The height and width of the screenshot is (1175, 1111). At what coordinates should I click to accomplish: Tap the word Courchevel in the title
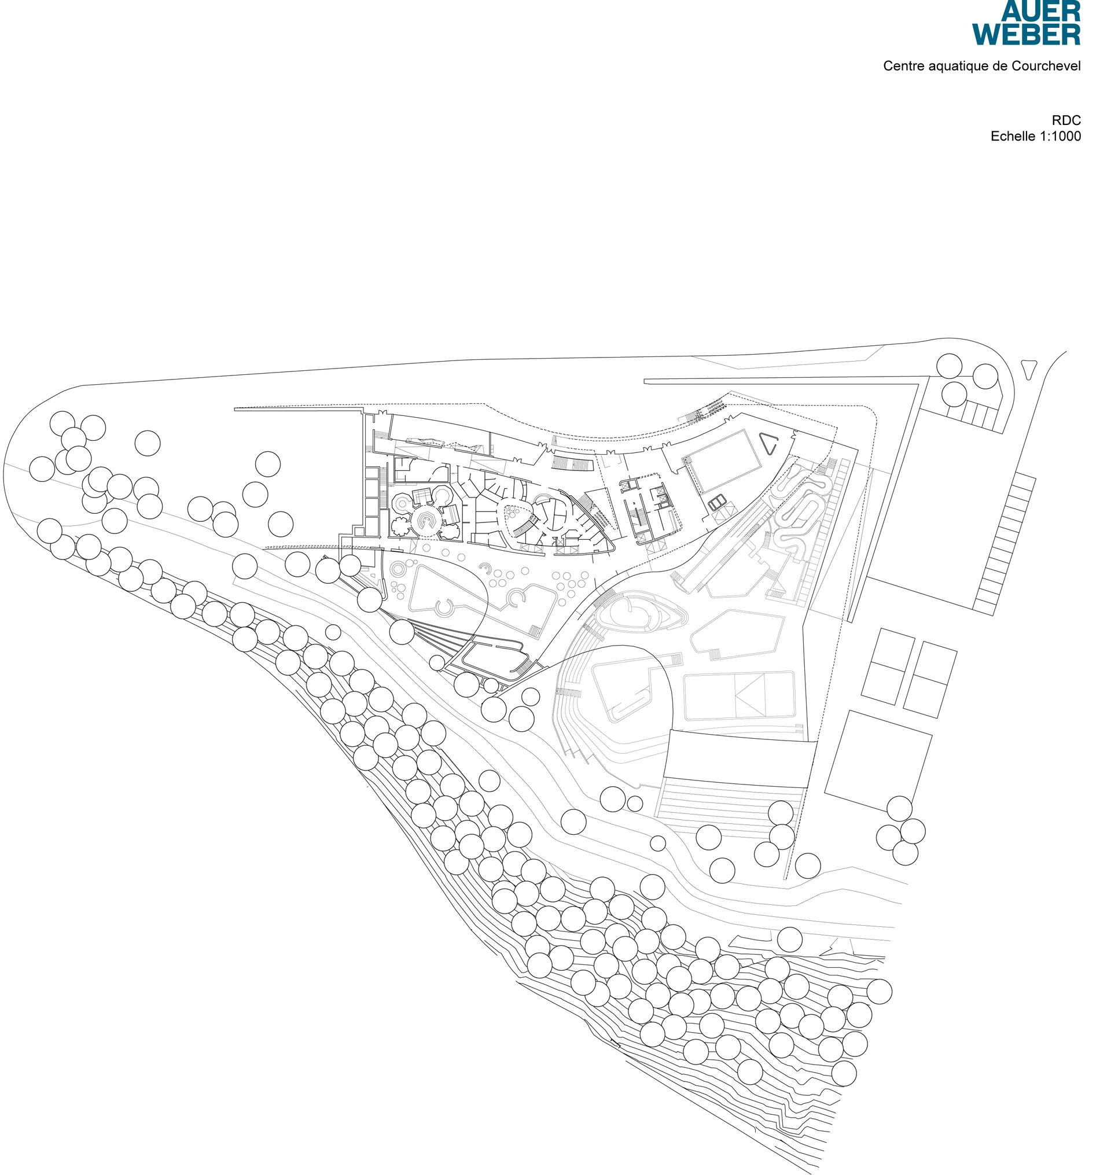(x=1046, y=66)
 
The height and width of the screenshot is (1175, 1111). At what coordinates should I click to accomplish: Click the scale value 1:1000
(x=1058, y=136)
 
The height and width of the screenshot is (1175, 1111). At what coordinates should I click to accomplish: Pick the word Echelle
(x=1012, y=136)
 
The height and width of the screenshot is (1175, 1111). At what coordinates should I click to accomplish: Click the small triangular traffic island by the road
(x=1030, y=369)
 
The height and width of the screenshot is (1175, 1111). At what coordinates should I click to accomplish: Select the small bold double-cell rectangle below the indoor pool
(x=718, y=503)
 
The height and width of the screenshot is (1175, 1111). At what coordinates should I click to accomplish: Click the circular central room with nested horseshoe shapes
(x=426, y=521)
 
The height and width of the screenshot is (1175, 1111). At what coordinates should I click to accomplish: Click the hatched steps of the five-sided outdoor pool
(x=715, y=654)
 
